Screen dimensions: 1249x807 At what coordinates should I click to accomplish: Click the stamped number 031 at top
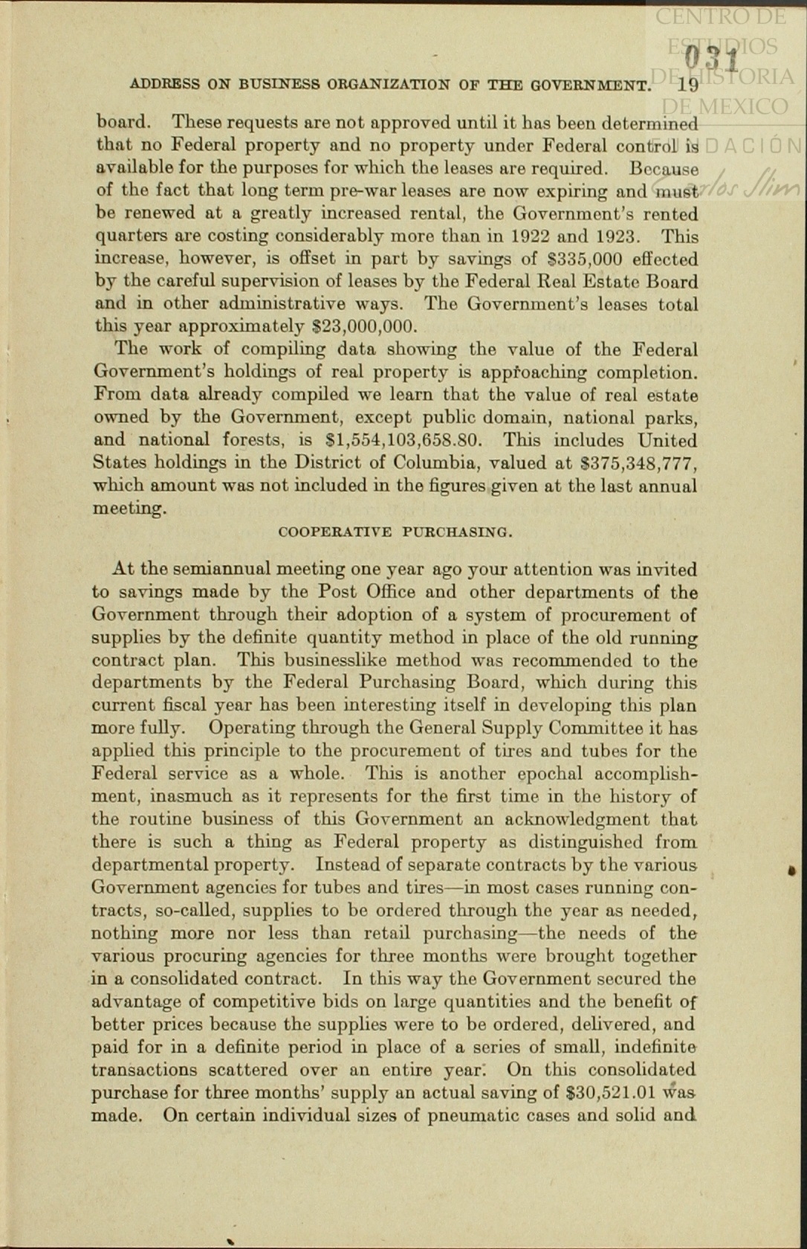(711, 58)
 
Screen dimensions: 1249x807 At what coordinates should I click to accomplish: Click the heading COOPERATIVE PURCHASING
(395, 532)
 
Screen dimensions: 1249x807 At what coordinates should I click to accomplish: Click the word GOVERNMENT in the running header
(590, 85)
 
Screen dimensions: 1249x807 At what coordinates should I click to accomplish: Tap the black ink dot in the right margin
(792, 870)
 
